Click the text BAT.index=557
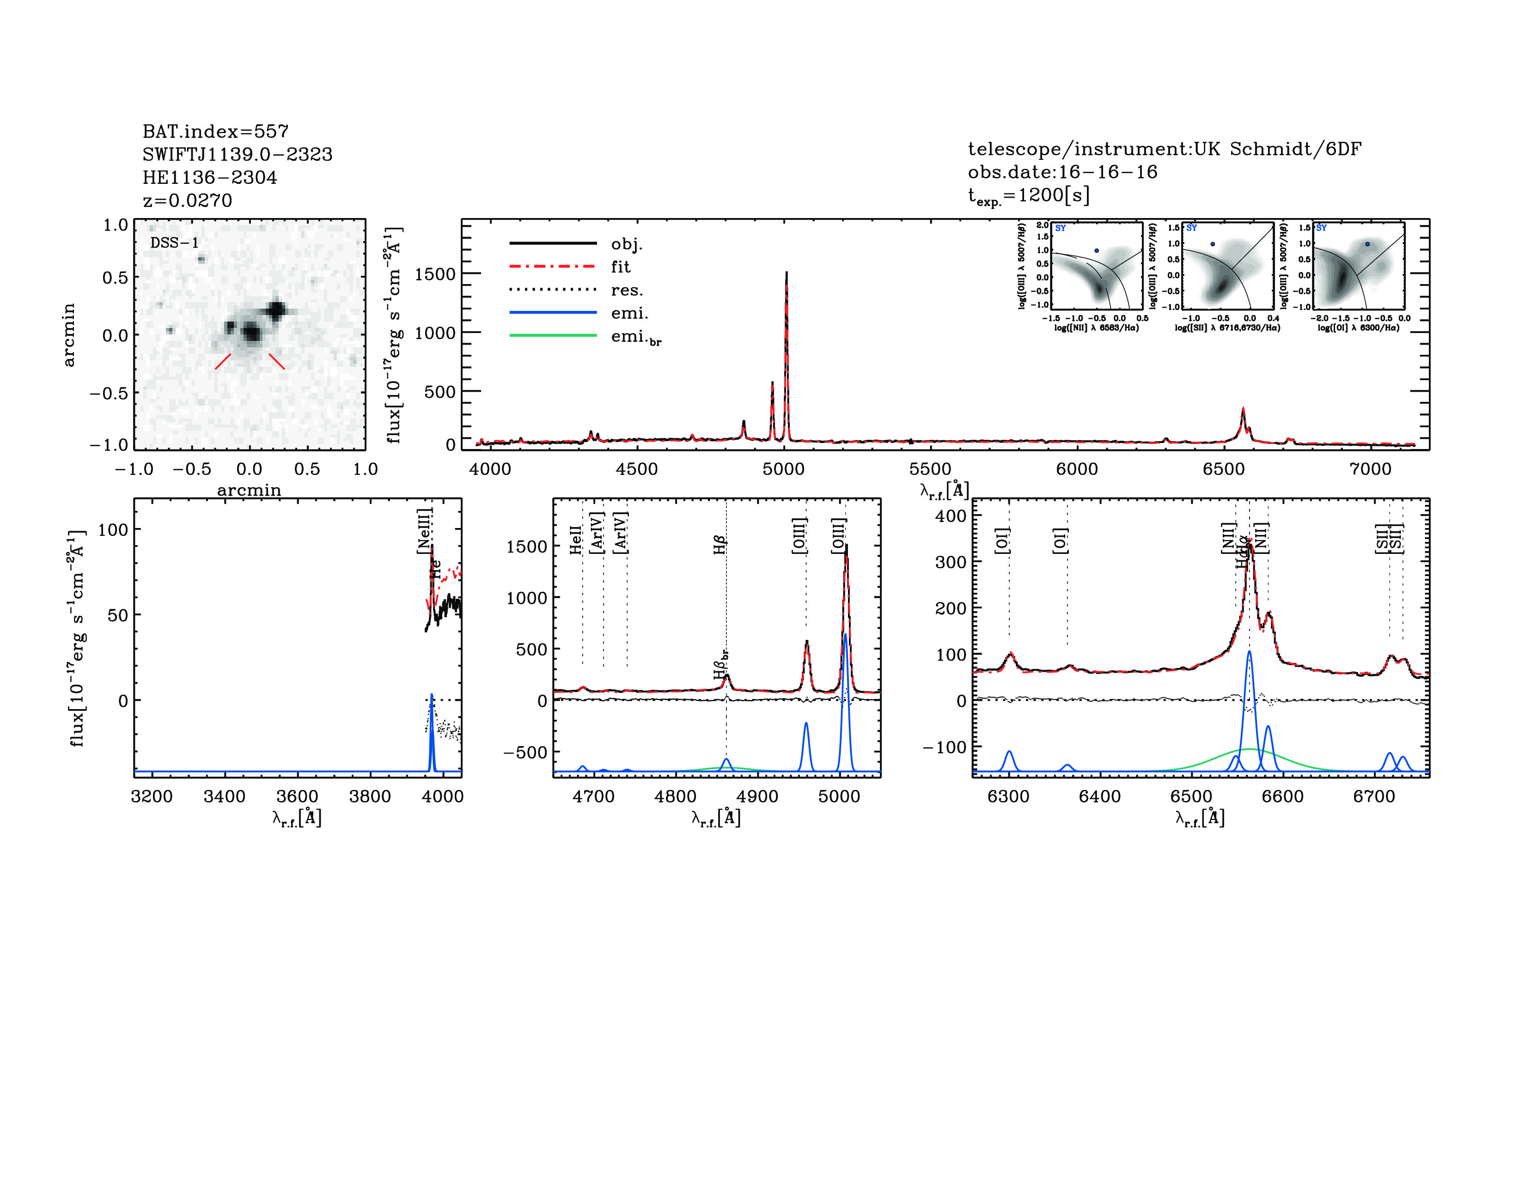coord(215,131)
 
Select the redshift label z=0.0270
coord(187,200)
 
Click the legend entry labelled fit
coord(620,267)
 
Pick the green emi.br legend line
coord(553,336)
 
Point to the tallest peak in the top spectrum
coord(786,273)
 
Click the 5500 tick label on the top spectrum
coord(930,469)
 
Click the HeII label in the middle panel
coord(575,540)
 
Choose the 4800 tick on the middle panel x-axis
coord(675,796)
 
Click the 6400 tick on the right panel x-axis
coord(1100,796)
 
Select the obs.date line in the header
coord(1062,172)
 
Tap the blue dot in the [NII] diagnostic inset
coord(1096,250)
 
